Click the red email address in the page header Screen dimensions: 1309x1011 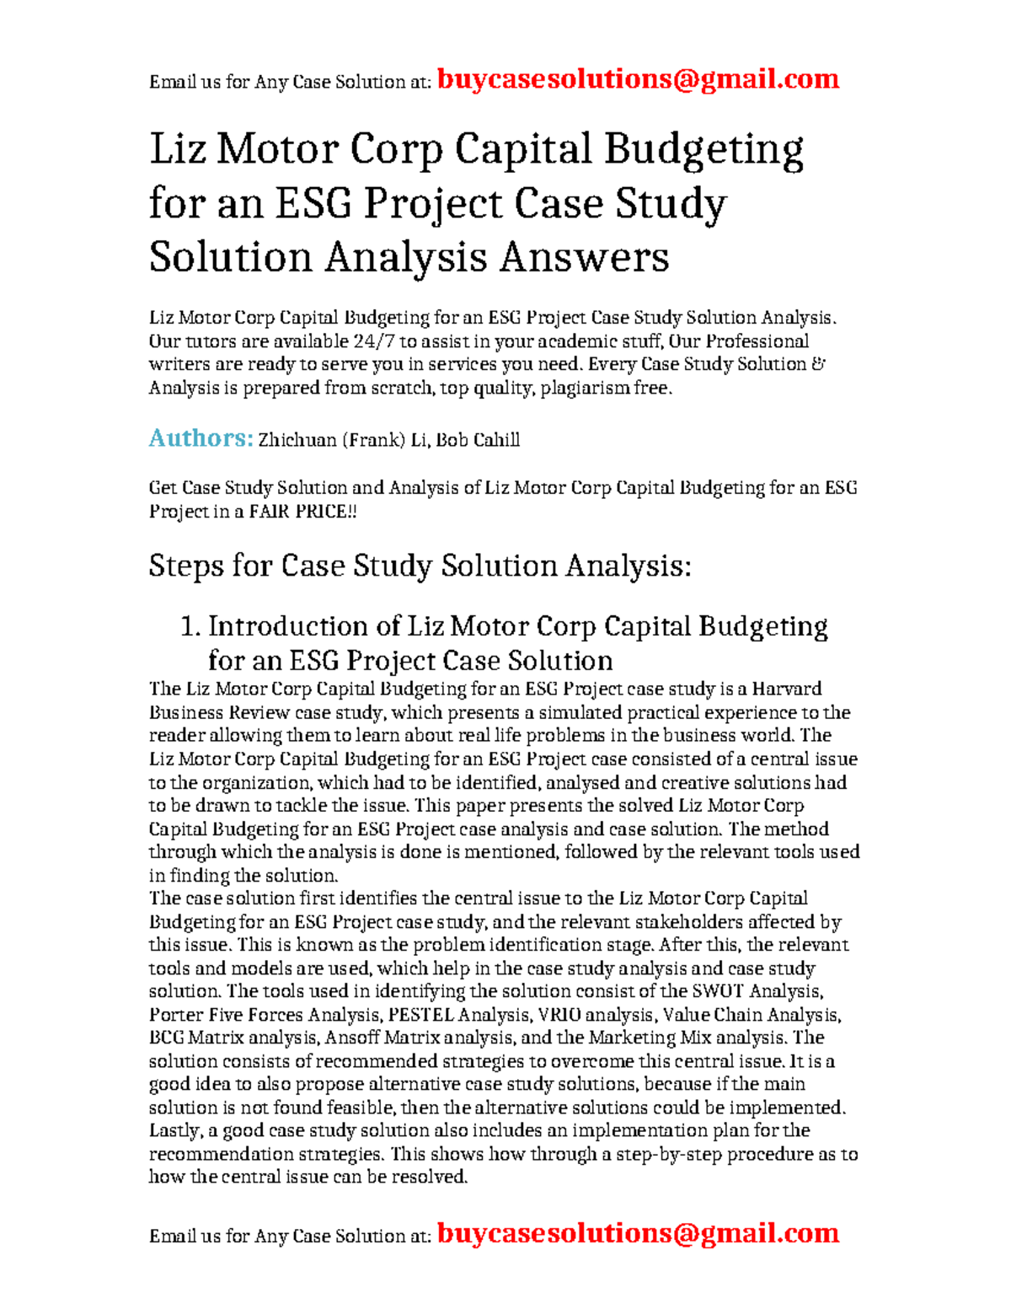pos(638,79)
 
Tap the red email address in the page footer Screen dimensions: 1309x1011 pos(638,1233)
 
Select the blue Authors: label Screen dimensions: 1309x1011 pos(201,438)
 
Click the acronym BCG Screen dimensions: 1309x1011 pos(166,1038)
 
